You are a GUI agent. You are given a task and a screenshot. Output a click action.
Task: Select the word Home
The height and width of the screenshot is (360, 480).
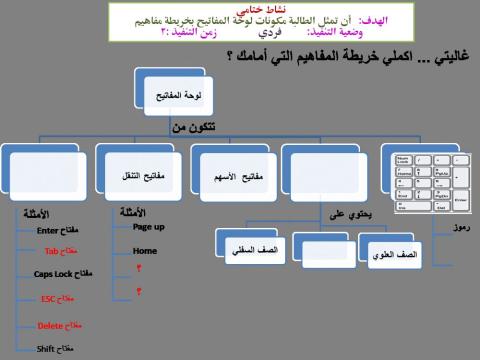[x=145, y=251]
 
